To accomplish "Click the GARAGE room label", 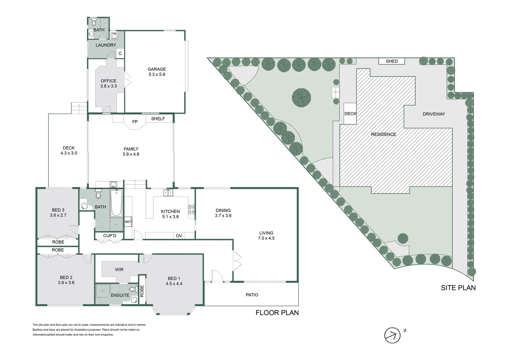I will [x=157, y=69].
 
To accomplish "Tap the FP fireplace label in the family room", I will [x=135, y=122].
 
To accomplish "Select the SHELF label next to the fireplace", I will [x=158, y=119].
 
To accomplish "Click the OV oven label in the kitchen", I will [x=179, y=236].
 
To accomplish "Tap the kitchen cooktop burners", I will [x=192, y=209].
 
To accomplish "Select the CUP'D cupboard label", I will [x=110, y=236].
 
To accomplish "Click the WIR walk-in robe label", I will [x=119, y=269].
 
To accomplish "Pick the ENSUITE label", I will [x=120, y=295].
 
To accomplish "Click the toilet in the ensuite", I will [x=134, y=289].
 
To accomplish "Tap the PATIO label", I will [x=252, y=295].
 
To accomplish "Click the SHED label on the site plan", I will [x=392, y=61].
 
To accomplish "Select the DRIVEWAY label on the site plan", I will [x=434, y=114].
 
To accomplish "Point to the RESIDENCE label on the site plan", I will [x=383, y=134].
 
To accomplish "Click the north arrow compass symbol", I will [x=392, y=335].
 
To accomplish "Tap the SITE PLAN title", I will [x=458, y=288].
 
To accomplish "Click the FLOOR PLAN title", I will [x=277, y=313].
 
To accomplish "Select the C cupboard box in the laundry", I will [x=120, y=53].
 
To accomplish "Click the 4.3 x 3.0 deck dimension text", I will [x=69, y=153].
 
